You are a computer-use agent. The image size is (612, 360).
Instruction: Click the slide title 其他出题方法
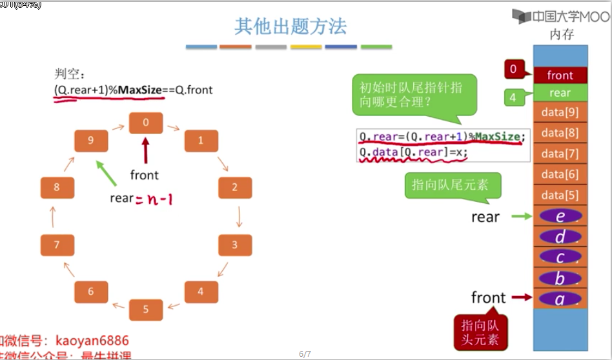[290, 26]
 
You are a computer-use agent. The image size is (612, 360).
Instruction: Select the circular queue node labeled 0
[145, 122]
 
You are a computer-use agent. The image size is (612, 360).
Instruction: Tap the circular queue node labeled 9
[90, 141]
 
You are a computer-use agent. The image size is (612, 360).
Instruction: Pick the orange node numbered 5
[145, 309]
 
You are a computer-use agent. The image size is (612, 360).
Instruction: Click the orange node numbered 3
[234, 245]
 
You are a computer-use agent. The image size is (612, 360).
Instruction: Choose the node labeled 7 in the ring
[57, 245]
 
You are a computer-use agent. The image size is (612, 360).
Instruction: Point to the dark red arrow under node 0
[145, 149]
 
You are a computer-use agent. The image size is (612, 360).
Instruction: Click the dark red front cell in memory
[560, 75]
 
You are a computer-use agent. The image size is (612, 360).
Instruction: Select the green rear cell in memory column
[560, 93]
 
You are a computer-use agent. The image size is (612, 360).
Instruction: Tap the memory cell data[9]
[560, 112]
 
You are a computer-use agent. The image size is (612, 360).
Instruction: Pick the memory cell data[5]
[560, 195]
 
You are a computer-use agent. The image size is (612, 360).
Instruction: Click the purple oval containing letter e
[560, 217]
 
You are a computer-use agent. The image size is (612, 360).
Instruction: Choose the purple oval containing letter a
[560, 299]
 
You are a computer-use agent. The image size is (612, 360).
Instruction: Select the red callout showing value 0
[514, 69]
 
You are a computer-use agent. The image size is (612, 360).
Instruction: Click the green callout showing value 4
[513, 98]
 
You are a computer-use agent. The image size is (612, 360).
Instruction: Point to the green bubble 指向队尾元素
[451, 186]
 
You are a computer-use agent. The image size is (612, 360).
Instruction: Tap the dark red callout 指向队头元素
[480, 332]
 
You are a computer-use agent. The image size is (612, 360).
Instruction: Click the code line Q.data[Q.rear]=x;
[413, 153]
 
